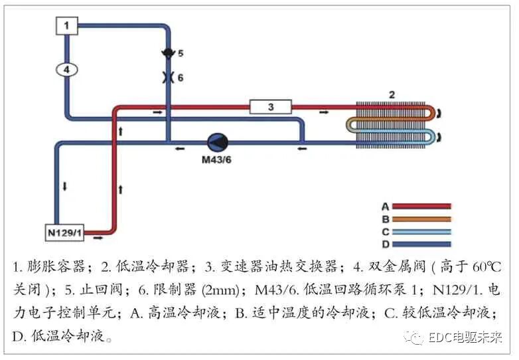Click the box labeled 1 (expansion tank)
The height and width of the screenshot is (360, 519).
coord(66,25)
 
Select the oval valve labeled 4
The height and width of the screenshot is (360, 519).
coord(66,68)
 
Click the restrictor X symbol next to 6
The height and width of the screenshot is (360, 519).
coord(167,77)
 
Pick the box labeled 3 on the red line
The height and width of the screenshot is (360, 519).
coord(270,106)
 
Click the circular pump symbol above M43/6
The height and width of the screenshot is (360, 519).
coord(217,142)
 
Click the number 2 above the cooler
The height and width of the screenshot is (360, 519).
coord(392,95)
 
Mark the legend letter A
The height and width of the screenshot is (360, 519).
coord(385,207)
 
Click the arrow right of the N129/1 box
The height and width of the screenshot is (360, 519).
coord(98,234)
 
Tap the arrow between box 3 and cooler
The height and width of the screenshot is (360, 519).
coord(323,112)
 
